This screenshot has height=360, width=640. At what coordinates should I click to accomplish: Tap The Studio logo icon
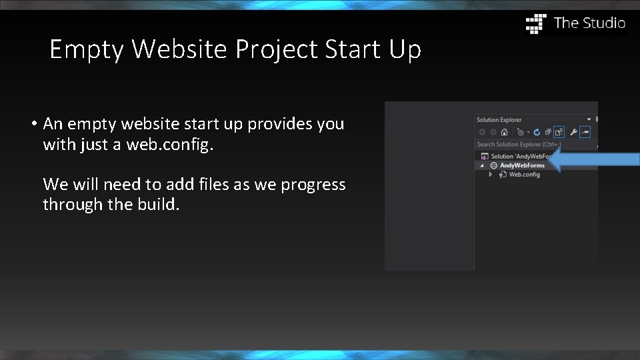(x=536, y=23)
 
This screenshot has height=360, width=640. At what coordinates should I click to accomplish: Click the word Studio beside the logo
(x=604, y=23)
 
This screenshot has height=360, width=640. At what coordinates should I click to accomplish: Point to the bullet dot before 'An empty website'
(x=33, y=124)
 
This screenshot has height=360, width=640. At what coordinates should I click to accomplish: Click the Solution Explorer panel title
(x=499, y=120)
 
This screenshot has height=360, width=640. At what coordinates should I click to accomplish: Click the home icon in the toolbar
(x=505, y=132)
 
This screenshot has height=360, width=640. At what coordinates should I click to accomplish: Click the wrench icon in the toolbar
(x=573, y=132)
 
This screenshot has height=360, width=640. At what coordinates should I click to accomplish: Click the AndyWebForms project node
(x=522, y=165)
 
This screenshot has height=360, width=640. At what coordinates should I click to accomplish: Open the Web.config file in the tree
(x=524, y=175)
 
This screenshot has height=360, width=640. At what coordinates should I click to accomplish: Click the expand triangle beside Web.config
(x=491, y=175)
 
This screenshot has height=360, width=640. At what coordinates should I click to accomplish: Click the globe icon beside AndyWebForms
(x=493, y=165)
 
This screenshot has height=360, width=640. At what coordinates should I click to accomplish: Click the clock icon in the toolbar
(x=520, y=132)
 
